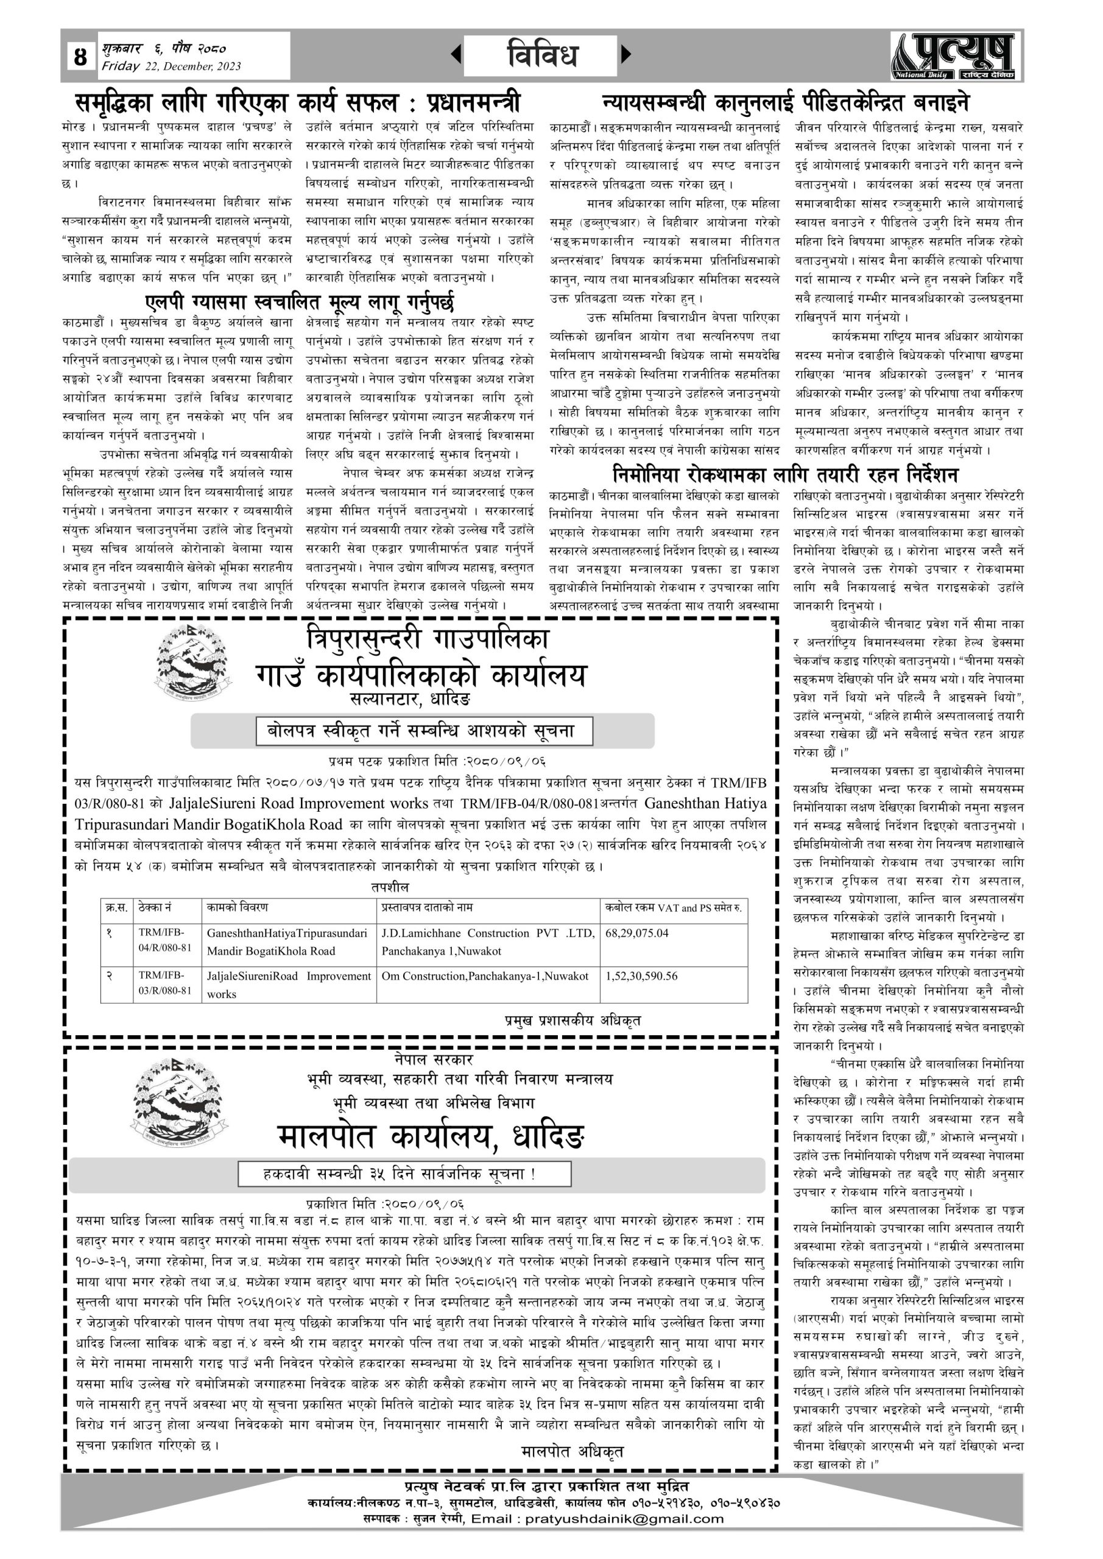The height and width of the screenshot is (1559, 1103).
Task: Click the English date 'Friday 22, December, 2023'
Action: (171, 66)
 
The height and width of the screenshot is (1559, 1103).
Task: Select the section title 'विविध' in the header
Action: (541, 54)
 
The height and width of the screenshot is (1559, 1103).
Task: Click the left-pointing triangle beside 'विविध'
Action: (456, 54)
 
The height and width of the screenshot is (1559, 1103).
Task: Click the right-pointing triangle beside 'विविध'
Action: (626, 54)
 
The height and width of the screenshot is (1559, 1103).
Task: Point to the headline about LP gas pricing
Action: (299, 301)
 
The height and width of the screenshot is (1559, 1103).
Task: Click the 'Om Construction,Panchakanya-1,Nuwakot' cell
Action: (485, 976)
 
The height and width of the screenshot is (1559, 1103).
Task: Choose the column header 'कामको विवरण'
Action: (238, 907)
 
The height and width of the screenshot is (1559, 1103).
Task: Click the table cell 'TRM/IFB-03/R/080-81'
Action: (165, 982)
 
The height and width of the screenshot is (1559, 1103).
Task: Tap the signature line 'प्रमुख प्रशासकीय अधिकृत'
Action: (572, 1021)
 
